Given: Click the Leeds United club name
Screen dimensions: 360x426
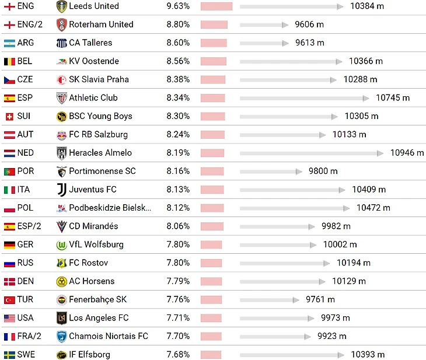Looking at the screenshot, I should pyautogui.click(x=93, y=6).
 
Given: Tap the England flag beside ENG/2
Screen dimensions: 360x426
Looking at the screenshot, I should pyautogui.click(x=9, y=25).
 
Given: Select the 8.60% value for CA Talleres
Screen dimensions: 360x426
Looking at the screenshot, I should pyautogui.click(x=178, y=43).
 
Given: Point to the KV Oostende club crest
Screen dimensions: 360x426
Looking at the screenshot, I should pyautogui.click(x=61, y=61).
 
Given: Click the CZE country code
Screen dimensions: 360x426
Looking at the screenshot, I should pyautogui.click(x=25, y=79).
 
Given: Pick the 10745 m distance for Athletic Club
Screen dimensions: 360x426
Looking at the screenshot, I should pyautogui.click(x=393, y=98).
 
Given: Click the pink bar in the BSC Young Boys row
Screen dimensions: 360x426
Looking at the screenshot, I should pyautogui.click(x=212, y=116).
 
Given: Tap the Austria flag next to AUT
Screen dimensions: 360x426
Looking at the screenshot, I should pyautogui.click(x=9, y=134).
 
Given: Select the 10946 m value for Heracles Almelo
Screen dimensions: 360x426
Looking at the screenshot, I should pyautogui.click(x=407, y=153).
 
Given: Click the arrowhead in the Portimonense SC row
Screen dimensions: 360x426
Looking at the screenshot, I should pyautogui.click(x=301, y=172).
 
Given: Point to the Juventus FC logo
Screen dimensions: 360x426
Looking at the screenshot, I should pyautogui.click(x=61, y=190).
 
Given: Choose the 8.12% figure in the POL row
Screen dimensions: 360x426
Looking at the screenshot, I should pyautogui.click(x=178, y=208).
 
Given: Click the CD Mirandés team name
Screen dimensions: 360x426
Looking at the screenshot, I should pyautogui.click(x=93, y=226).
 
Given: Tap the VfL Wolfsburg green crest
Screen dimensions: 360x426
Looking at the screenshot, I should pyautogui.click(x=61, y=244).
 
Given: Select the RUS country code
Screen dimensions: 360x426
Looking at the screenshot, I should pyautogui.click(x=26, y=263).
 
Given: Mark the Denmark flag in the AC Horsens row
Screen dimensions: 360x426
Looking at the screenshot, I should pyautogui.click(x=9, y=281).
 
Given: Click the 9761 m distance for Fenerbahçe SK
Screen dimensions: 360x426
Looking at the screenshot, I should pyautogui.click(x=320, y=300).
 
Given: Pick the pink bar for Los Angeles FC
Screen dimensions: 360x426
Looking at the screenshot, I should pyautogui.click(x=211, y=318).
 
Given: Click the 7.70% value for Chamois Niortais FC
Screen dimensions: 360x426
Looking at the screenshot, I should pyautogui.click(x=178, y=336).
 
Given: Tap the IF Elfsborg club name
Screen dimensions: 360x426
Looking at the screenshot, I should pyautogui.click(x=89, y=355).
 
